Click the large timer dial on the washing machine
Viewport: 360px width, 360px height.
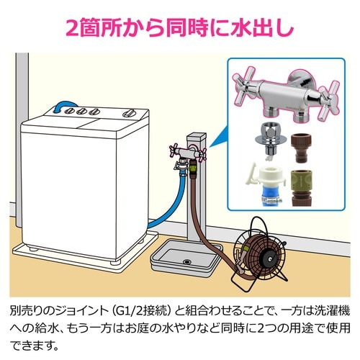[x=129, y=113]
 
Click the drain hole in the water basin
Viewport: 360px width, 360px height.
[x=186, y=261]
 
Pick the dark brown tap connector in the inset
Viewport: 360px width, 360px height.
[x=301, y=148]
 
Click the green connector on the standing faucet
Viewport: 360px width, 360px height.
[x=193, y=167]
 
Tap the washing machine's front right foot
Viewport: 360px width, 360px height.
[x=114, y=261]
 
